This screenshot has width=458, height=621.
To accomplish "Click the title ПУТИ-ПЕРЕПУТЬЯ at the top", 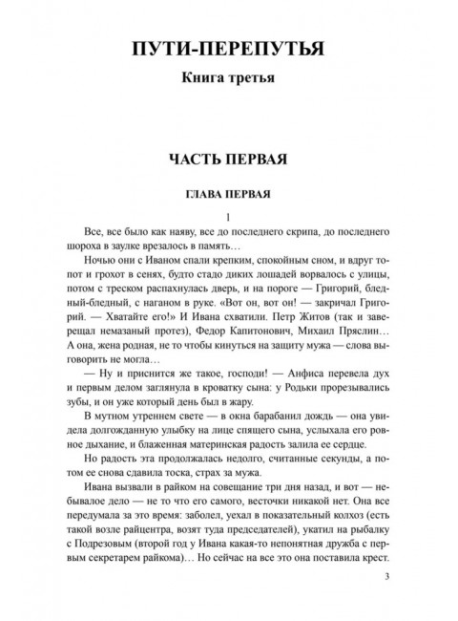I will coord(228,47).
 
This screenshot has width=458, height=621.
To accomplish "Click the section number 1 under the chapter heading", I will coord(228,215).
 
